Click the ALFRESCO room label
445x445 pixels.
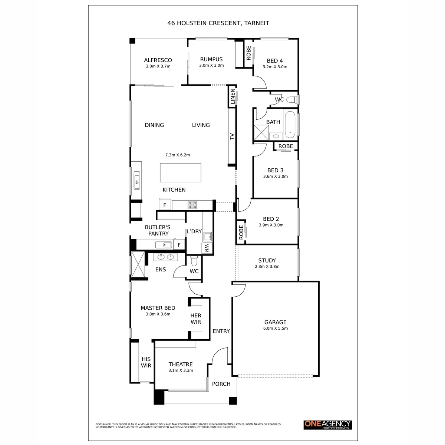point(158,60)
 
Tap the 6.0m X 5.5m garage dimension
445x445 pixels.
point(275,328)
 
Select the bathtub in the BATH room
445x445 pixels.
point(290,125)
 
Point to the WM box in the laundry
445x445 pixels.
point(207,248)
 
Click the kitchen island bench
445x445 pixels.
point(180,172)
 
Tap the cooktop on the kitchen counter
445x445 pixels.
point(192,205)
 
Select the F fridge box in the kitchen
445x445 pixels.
point(165,205)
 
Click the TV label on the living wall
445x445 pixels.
point(232,136)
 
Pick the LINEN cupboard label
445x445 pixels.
point(233,96)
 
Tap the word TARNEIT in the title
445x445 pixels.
point(257,23)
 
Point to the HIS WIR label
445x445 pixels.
point(146,362)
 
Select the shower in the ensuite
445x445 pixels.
point(138,264)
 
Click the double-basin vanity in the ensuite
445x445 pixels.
point(165,257)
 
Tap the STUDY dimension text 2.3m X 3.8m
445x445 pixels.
point(267,266)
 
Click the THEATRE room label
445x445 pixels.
point(180,364)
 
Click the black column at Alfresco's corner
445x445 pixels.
point(132,41)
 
